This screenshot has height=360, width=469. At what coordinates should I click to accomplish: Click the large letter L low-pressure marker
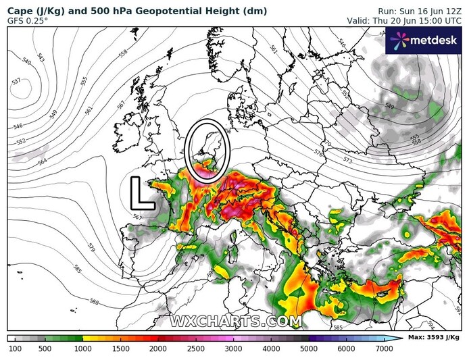click(x=140, y=193)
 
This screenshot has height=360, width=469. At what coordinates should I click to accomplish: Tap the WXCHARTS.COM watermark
click(x=235, y=320)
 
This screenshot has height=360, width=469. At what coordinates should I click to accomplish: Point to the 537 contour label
click(x=16, y=81)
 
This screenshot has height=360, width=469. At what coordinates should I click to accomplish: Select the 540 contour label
click(x=27, y=61)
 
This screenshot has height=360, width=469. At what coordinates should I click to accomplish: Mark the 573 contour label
click(x=348, y=160)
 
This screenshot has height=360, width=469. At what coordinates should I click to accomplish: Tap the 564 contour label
click(x=43, y=162)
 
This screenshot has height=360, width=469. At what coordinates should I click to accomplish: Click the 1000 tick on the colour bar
click(x=83, y=349)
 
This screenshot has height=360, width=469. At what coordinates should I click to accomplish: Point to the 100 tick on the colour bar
click(x=15, y=349)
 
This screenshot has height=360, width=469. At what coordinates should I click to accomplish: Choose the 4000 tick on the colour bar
click(x=272, y=349)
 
